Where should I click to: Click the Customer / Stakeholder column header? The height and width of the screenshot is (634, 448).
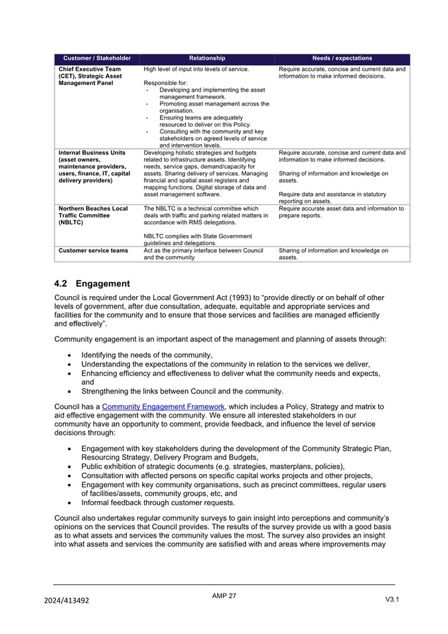tap(97, 58)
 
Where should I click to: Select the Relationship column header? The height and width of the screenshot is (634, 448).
tap(207, 58)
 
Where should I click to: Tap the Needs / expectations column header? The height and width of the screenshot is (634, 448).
tap(342, 58)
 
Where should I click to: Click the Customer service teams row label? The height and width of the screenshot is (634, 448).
tap(93, 250)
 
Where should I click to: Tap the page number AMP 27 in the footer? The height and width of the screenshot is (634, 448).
tap(224, 595)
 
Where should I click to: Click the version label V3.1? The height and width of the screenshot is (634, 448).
tap(392, 599)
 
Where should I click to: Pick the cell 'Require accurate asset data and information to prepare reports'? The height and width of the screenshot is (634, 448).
tap(342, 212)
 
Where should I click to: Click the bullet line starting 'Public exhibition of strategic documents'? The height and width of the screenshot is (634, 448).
tap(212, 466)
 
